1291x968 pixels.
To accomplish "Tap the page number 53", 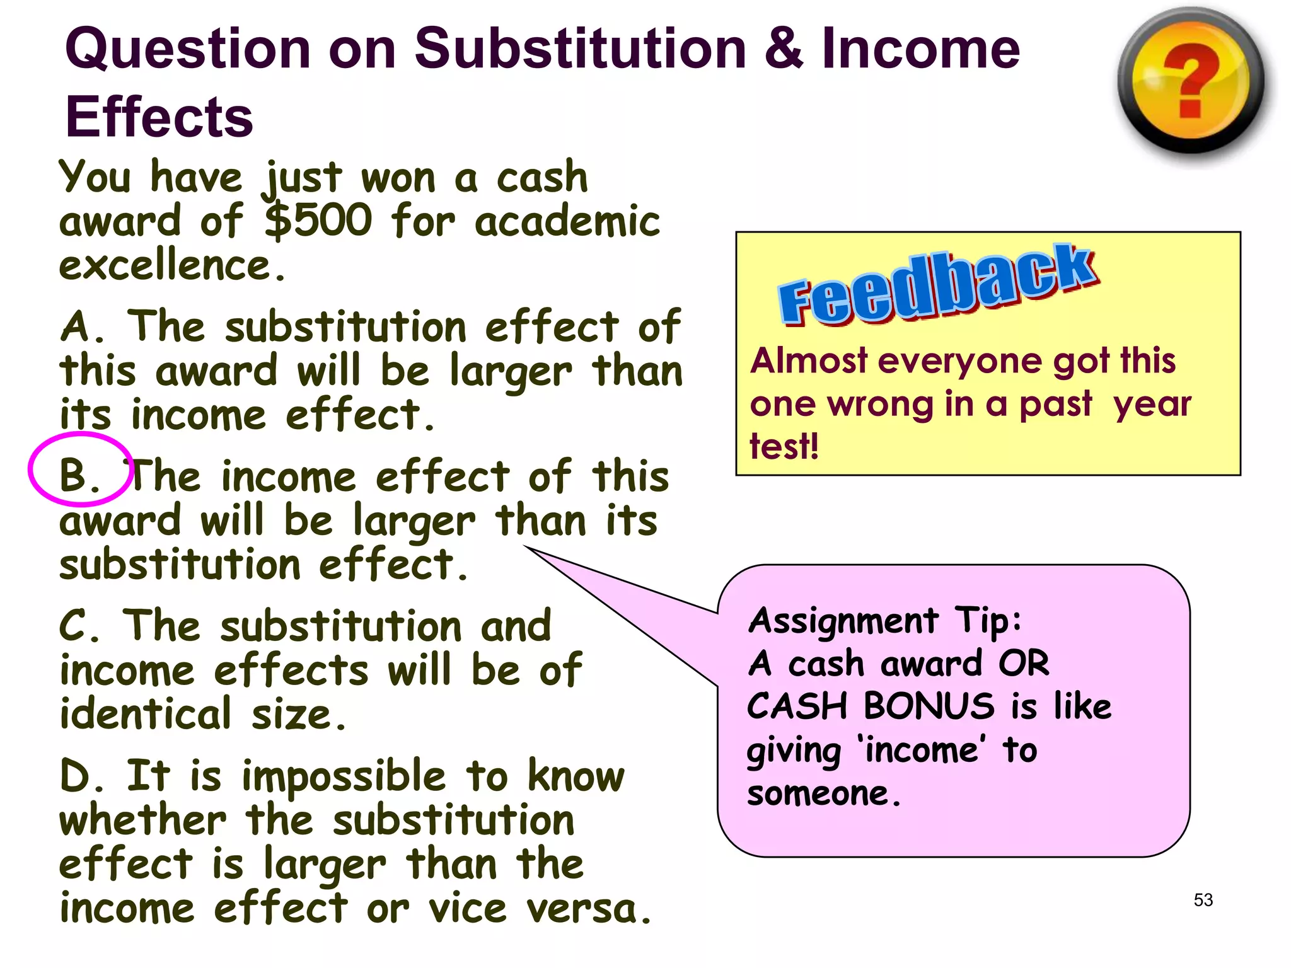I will tap(1203, 900).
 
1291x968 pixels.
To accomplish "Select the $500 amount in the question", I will tap(318, 221).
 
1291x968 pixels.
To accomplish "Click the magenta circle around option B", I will tap(81, 469).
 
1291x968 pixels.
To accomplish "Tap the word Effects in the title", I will tap(159, 117).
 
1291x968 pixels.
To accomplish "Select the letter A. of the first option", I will tap(82, 328).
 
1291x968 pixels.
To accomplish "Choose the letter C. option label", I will tap(79, 626).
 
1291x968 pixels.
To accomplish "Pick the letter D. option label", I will tap(82, 776).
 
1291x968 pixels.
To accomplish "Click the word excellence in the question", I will tap(171, 266).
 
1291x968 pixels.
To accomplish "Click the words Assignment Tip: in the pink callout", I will tap(884, 621).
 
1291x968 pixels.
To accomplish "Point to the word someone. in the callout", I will tap(823, 793).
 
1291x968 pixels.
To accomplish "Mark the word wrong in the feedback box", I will tap(879, 405).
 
